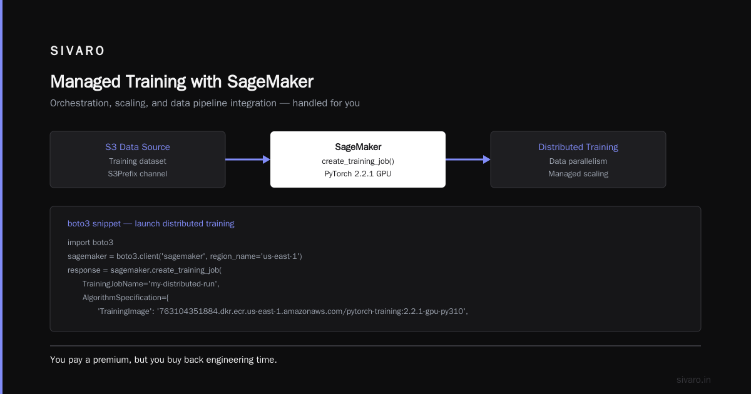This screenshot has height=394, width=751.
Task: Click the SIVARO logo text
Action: (x=78, y=51)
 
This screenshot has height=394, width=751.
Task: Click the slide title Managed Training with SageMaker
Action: (x=181, y=82)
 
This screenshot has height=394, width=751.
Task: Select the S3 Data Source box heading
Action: (x=138, y=147)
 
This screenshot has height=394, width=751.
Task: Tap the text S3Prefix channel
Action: (x=138, y=174)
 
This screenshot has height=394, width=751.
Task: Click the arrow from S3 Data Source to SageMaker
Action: (x=248, y=159)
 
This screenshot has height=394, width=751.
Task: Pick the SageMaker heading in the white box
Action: (x=358, y=147)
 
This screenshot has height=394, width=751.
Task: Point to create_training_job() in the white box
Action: (x=358, y=161)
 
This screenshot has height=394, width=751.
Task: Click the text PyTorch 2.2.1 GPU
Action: (x=358, y=174)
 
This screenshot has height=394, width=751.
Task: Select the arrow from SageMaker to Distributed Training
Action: (x=468, y=159)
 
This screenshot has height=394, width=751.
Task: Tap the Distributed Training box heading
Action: (x=578, y=147)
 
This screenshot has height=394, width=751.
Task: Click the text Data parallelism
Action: (x=578, y=161)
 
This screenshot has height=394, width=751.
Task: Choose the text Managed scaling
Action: (x=578, y=174)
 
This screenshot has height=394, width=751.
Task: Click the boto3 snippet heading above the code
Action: (x=151, y=223)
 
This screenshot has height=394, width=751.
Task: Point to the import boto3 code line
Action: (x=91, y=243)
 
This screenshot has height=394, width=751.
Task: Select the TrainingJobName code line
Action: (x=151, y=284)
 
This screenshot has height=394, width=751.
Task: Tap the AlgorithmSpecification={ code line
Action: (x=126, y=298)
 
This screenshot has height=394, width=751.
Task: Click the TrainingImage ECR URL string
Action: (x=311, y=311)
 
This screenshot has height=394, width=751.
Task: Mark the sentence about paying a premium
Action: (x=163, y=360)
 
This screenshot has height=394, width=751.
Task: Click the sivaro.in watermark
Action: (x=693, y=380)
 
